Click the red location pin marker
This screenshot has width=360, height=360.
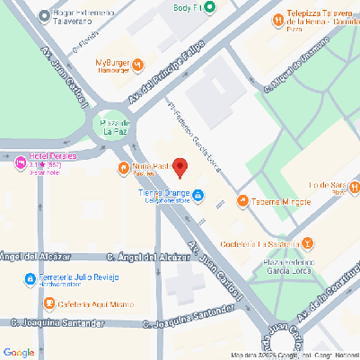pyautogui.click(x=180, y=167)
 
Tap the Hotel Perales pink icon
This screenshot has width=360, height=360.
pyautogui.click(x=21, y=162)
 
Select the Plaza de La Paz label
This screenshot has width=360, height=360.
pyautogui.click(x=112, y=127)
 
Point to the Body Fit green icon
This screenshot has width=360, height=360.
pyautogui.click(x=210, y=7)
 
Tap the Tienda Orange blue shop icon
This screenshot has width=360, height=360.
pyautogui.click(x=198, y=196)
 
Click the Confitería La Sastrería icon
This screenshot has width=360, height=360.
pyautogui.click(x=308, y=242)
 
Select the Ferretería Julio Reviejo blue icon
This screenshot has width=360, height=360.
pyautogui.click(x=30, y=278)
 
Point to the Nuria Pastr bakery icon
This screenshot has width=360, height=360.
pyautogui.click(x=123, y=168)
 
